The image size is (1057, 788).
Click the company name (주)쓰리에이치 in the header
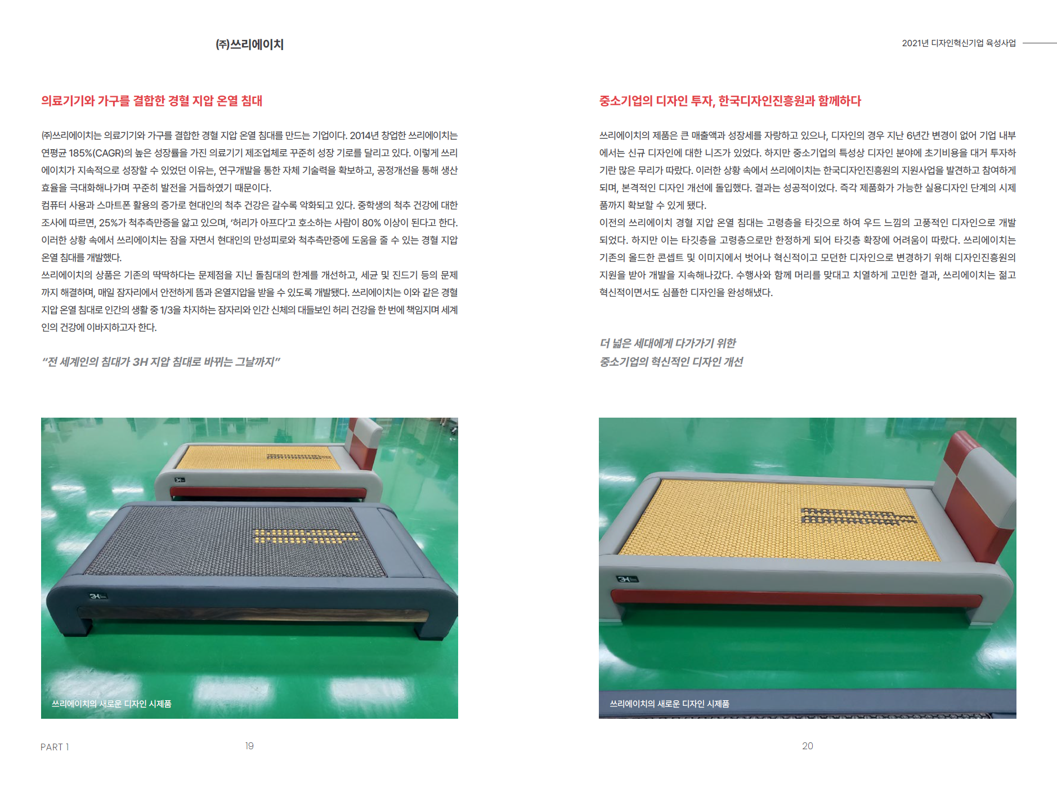(249, 44)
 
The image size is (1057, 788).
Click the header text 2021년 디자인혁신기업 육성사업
(959, 43)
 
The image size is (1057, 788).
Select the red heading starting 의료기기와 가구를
(152, 101)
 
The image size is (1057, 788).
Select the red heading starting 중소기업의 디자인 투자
(730, 101)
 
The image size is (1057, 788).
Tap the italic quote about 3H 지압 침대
(161, 361)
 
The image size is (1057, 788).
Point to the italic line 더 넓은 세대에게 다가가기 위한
(668, 343)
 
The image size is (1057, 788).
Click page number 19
(249, 746)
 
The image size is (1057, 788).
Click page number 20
(807, 746)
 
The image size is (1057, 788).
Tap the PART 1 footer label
(55, 747)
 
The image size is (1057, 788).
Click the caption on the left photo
(111, 704)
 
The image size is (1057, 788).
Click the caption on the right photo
(669, 704)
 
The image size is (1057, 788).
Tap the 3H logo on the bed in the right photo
(627, 579)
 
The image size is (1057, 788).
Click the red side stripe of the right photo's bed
(796, 597)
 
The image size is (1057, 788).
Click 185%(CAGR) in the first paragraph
(95, 153)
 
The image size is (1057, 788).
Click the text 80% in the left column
(371, 223)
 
